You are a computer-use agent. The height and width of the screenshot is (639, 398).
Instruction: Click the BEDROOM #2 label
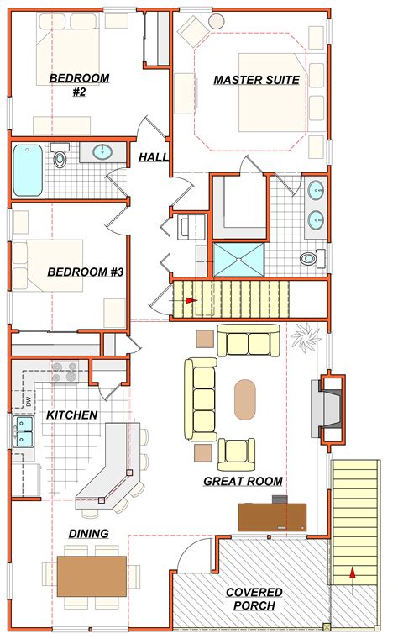79,85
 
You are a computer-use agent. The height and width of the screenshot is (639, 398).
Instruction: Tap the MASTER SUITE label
256,80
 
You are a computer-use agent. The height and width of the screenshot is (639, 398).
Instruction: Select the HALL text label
154,157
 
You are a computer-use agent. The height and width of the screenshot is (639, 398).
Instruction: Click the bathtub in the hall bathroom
27,171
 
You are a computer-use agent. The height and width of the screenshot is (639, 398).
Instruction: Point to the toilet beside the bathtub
60,156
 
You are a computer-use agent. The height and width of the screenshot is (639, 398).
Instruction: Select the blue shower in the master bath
238,259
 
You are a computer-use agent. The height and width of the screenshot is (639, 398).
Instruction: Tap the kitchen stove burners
65,372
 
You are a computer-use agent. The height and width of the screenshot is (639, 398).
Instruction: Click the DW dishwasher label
29,402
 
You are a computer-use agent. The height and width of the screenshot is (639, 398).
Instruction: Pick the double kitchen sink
24,432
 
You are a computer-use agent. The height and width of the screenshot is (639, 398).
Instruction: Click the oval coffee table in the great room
244,399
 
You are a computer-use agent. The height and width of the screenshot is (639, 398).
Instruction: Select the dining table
92,576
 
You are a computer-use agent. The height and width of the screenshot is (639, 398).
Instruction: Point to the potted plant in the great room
306,336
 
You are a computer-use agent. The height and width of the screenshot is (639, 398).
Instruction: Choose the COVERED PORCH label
254,599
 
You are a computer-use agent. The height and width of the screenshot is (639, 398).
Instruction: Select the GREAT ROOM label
243,481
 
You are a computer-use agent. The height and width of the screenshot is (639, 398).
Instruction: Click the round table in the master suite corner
215,21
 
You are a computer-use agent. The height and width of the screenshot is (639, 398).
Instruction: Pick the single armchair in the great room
237,454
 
